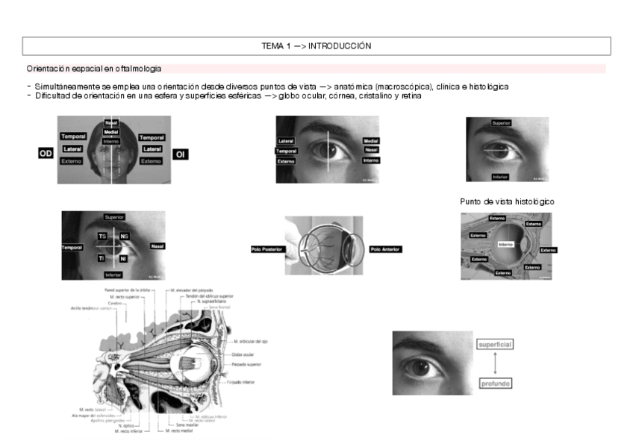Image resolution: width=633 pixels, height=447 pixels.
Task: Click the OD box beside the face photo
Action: click(x=46, y=154)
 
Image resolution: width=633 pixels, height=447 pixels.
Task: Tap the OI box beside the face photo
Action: click(x=180, y=154)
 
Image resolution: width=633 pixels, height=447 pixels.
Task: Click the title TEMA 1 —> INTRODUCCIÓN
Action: click(x=316, y=46)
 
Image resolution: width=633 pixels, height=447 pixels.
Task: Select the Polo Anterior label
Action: click(x=385, y=249)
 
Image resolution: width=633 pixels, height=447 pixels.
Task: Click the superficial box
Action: click(x=494, y=344)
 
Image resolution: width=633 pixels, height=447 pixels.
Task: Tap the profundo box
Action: click(x=494, y=384)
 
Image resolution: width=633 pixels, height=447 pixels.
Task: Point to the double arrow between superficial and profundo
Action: click(x=494, y=363)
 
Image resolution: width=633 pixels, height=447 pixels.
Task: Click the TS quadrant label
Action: click(x=102, y=237)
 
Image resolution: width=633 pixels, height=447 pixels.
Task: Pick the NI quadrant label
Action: click(x=124, y=258)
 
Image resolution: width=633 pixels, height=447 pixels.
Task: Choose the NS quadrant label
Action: click(x=124, y=237)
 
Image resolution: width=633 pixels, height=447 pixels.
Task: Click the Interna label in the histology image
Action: click(x=505, y=244)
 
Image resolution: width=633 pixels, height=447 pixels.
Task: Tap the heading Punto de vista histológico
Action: click(x=507, y=201)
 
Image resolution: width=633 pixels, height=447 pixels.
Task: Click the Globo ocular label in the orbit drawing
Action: click(x=243, y=354)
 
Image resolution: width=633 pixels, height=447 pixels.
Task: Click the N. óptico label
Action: click(x=125, y=425)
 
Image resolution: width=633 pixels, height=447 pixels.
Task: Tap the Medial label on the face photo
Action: click(x=111, y=132)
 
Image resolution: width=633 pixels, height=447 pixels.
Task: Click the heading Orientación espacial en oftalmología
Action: click(x=93, y=69)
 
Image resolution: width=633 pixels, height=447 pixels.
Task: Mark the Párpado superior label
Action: click(x=247, y=365)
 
